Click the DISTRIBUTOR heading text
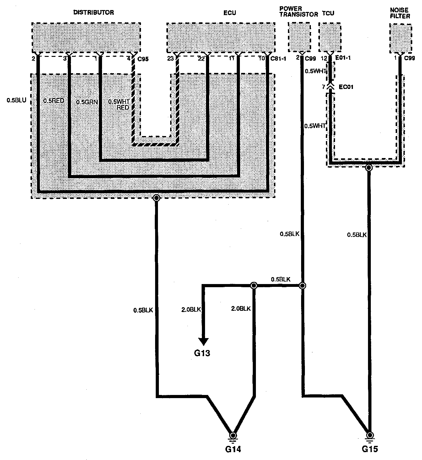click(x=93, y=13)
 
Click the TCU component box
click(x=330, y=37)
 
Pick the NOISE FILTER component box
click(x=400, y=38)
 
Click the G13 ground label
click(x=202, y=353)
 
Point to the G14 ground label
click(x=233, y=450)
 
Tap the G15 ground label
click(x=370, y=449)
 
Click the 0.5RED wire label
click(x=54, y=101)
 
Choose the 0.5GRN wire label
click(x=85, y=102)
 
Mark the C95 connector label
click(x=143, y=58)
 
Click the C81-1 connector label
click(x=278, y=58)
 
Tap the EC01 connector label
click(x=346, y=87)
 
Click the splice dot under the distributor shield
click(x=156, y=198)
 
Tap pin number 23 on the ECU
click(x=170, y=58)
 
